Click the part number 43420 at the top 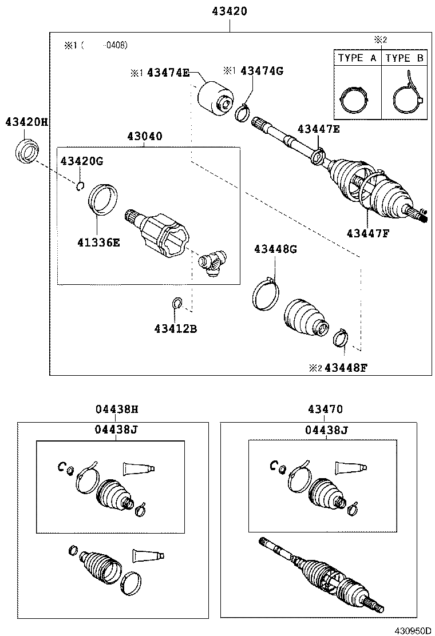pos(229,11)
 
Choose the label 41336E pos(98,242)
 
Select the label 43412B pos(175,328)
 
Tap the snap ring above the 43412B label pos(176,303)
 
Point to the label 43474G pos(262,71)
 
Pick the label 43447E pos(318,129)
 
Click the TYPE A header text pos(357,58)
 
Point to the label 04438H pos(117,410)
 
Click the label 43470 pos(325,410)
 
